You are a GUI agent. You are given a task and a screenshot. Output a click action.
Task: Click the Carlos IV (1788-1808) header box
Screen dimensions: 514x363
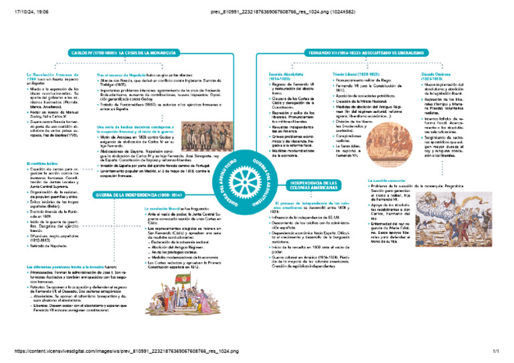pyautogui.click(x=124, y=52)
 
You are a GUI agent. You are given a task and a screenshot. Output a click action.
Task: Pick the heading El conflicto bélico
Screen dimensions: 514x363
pyautogui.click(x=41, y=164)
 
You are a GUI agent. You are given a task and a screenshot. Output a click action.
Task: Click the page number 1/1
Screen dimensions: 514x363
pyautogui.click(x=496, y=351)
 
